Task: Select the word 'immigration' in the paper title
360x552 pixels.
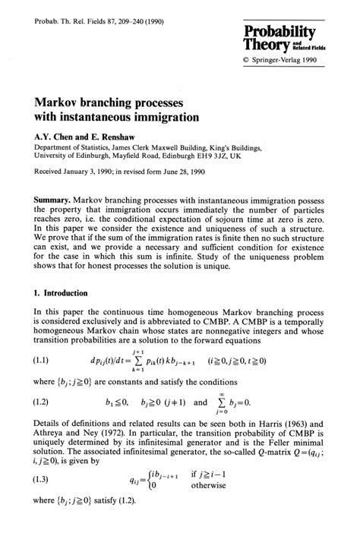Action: coord(162,118)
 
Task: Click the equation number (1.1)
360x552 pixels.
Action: coord(44,380)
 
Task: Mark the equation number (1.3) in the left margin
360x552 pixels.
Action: coord(44,522)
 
